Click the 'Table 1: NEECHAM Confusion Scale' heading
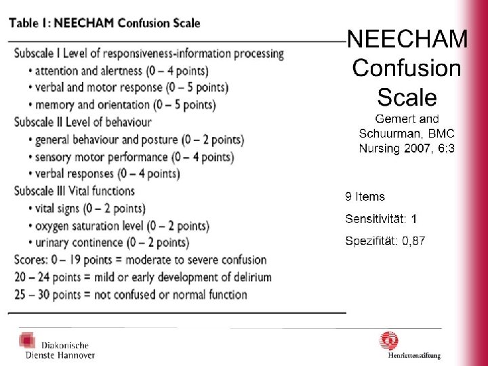click(x=104, y=23)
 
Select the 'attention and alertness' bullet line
click(x=119, y=71)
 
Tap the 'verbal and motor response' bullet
click(x=129, y=88)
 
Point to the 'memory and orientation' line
click(x=122, y=105)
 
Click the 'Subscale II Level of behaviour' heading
click(x=83, y=122)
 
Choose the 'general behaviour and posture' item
click(x=136, y=140)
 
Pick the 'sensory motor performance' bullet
click(x=131, y=157)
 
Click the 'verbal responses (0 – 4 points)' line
click(x=104, y=174)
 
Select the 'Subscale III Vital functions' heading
click(x=75, y=190)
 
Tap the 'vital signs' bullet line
click(x=87, y=209)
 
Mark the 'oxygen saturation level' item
click(x=119, y=226)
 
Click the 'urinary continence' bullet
click(x=109, y=243)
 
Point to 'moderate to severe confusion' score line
click(x=140, y=260)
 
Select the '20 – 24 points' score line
click(x=143, y=277)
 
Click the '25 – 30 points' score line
click(x=131, y=295)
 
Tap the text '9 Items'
click(x=365, y=197)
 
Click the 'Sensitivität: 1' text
click(x=381, y=219)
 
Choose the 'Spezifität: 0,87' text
click(x=385, y=241)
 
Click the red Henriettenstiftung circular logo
click(x=389, y=341)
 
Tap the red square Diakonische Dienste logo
click(x=27, y=340)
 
